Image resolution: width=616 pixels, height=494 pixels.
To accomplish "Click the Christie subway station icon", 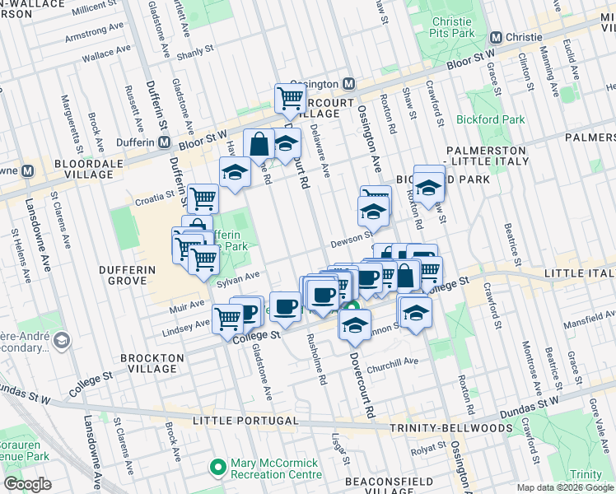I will [x=496, y=37].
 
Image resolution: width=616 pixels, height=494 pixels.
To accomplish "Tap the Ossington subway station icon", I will [x=349, y=84].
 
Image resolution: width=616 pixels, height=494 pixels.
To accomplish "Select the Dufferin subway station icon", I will [x=166, y=142].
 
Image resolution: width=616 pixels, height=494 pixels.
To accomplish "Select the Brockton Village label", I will [x=152, y=363].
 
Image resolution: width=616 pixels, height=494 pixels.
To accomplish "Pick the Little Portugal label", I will [x=242, y=421].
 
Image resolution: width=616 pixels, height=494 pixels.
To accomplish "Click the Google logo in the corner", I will [x=27, y=484].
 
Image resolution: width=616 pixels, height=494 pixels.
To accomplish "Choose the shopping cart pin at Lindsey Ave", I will [x=228, y=318].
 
